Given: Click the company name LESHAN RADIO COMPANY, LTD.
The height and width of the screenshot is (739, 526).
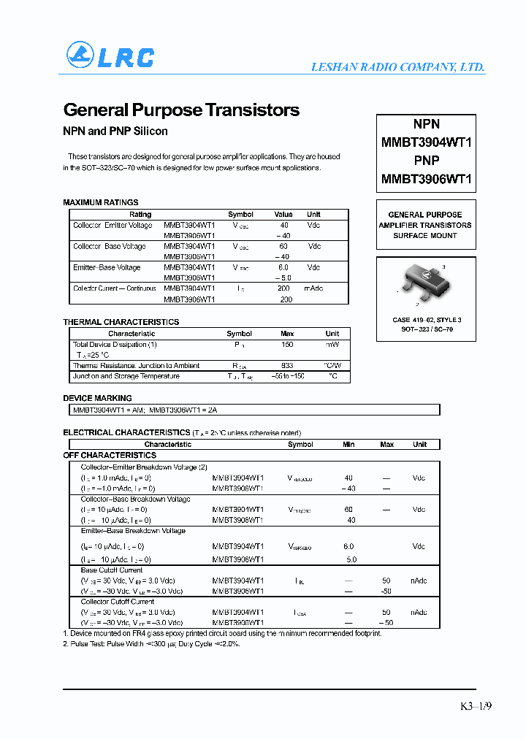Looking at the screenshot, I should (x=397, y=66).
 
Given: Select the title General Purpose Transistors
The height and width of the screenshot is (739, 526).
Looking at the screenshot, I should (x=181, y=110).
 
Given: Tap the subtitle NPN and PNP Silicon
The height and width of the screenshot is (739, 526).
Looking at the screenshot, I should (x=115, y=131).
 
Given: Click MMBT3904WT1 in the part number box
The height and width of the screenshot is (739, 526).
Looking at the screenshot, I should (x=426, y=142).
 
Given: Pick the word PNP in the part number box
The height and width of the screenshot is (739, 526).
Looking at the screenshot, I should (x=426, y=161).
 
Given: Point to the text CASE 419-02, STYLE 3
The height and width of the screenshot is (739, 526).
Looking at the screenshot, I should (x=427, y=320).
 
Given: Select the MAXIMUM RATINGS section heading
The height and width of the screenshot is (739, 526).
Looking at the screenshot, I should (x=101, y=202).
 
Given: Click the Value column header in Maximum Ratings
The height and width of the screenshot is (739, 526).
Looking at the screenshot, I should (x=283, y=215).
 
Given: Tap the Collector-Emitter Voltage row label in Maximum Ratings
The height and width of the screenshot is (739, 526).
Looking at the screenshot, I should (x=113, y=226).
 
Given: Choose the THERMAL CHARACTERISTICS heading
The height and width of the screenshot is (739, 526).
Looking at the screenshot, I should (x=121, y=322).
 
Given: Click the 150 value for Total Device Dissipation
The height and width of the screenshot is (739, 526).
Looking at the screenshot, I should (x=287, y=345).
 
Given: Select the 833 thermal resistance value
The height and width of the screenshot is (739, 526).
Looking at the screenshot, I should (x=287, y=366).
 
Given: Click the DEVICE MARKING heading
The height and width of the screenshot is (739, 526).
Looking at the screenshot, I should (x=98, y=398).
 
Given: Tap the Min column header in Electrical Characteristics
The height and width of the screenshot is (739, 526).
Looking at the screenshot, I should (x=348, y=444).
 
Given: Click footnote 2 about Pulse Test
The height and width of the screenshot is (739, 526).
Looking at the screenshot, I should (x=152, y=643).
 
